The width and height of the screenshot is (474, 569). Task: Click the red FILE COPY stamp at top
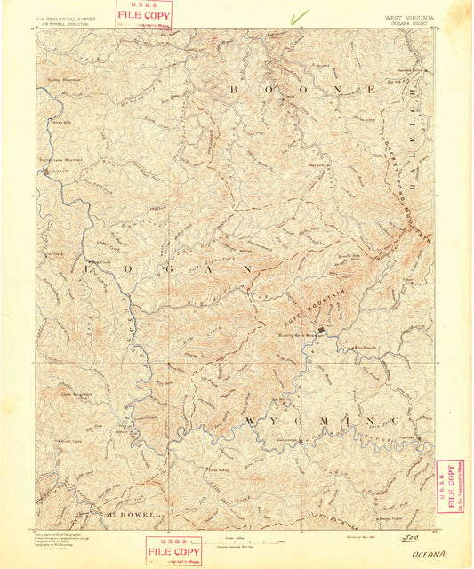tap(144, 14)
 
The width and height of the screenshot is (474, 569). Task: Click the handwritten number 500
tap(412, 537)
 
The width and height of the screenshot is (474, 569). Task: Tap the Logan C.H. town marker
tap(46, 171)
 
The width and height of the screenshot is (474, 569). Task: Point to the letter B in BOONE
tap(236, 89)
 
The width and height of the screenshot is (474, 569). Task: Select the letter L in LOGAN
tap(91, 267)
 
